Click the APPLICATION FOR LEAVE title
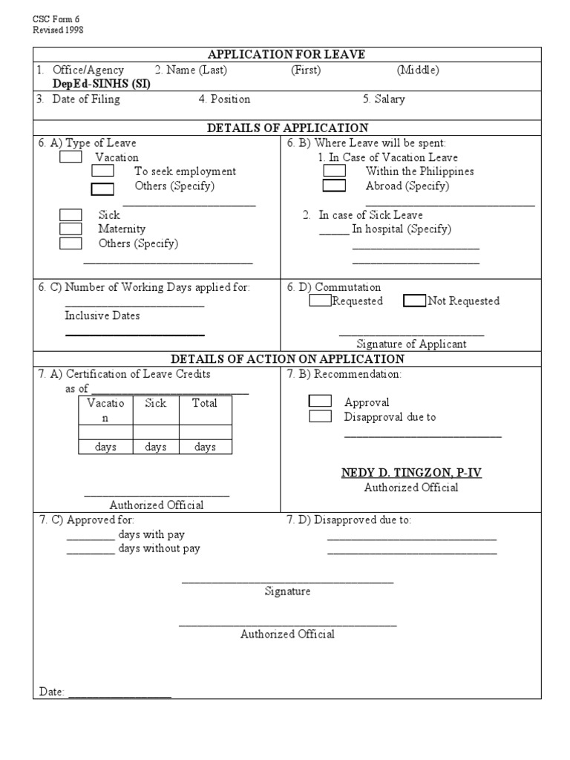(286, 54)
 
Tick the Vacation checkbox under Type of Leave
(71, 157)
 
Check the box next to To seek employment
(102, 171)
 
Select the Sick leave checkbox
(71, 214)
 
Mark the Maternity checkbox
(71, 229)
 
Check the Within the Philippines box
(334, 171)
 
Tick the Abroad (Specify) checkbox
(334, 186)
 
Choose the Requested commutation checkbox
(320, 301)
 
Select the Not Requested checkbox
(415, 301)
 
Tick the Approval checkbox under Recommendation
(320, 401)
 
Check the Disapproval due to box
(320, 416)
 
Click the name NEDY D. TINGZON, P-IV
(411, 473)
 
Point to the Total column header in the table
(205, 403)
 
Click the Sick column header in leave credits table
(156, 403)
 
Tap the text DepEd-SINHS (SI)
(101, 84)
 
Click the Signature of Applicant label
(411, 344)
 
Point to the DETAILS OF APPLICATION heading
(286, 128)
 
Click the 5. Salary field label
(384, 99)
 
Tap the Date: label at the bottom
(52, 692)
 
